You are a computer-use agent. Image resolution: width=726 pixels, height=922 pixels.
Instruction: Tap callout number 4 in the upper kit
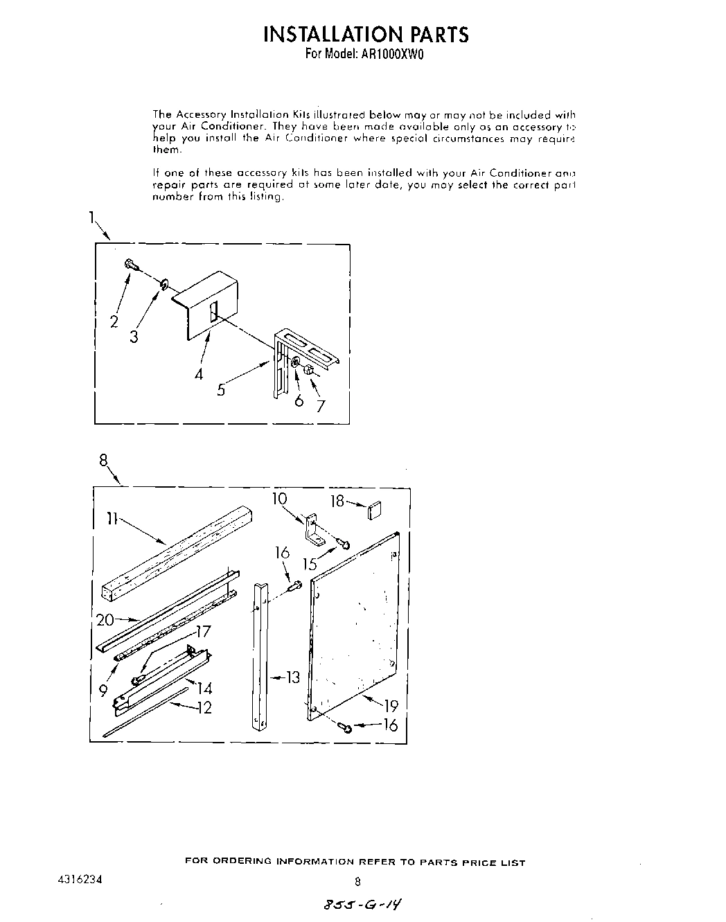[200, 374]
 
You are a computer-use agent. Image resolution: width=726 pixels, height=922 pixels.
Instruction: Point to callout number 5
[221, 389]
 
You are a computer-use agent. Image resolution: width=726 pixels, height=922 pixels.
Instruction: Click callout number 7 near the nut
[320, 406]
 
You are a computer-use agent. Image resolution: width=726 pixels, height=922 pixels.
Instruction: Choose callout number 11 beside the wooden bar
[112, 517]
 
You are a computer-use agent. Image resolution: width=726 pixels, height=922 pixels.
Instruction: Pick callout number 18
[337, 500]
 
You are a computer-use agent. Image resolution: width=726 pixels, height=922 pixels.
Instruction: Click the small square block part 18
[375, 511]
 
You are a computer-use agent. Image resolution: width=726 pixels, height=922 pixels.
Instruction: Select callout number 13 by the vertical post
[293, 677]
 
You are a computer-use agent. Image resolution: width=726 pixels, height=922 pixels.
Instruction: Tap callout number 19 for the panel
[391, 707]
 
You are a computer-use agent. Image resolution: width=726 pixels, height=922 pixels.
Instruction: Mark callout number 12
[204, 707]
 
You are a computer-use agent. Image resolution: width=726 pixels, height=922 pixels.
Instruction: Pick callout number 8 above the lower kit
[103, 459]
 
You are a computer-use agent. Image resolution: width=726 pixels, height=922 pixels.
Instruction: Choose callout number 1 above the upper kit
[91, 218]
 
